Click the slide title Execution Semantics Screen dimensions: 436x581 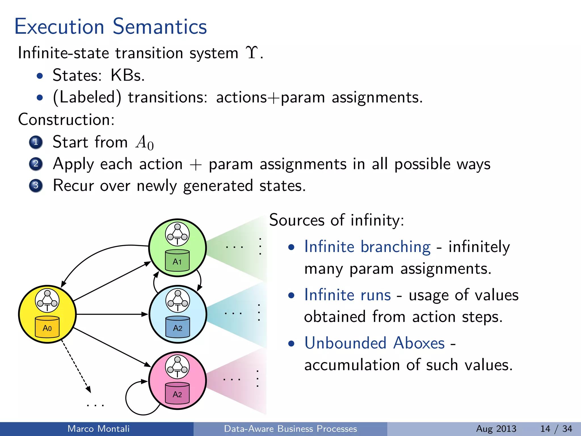click(x=111, y=26)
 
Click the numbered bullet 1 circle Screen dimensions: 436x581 click(x=36, y=142)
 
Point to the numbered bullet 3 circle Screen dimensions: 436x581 click(x=36, y=186)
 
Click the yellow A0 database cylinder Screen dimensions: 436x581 click(x=47, y=327)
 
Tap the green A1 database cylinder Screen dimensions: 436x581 click(x=177, y=260)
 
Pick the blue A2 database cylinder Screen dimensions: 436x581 click(x=178, y=327)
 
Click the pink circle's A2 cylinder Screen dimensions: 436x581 click(x=177, y=393)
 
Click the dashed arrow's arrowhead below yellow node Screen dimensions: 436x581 click(x=89, y=389)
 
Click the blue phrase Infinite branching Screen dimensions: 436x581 click(x=367, y=246)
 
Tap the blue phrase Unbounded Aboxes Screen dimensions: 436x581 click(x=374, y=343)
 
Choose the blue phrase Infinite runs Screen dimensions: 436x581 click(x=348, y=295)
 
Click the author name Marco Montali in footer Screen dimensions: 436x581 click(x=98, y=429)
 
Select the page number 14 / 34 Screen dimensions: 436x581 click(x=556, y=429)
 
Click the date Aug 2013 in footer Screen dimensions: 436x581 click(x=496, y=429)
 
